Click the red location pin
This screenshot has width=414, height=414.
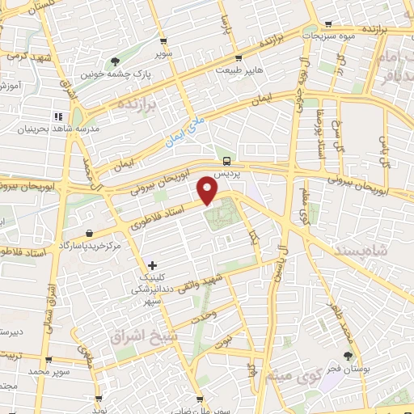[x=208, y=191]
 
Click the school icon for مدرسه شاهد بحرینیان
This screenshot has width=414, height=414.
[x=57, y=117]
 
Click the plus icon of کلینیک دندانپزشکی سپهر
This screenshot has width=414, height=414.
[x=152, y=265]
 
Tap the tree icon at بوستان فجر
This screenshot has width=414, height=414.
[x=349, y=355]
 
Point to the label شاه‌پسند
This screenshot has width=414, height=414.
[x=382, y=251]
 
